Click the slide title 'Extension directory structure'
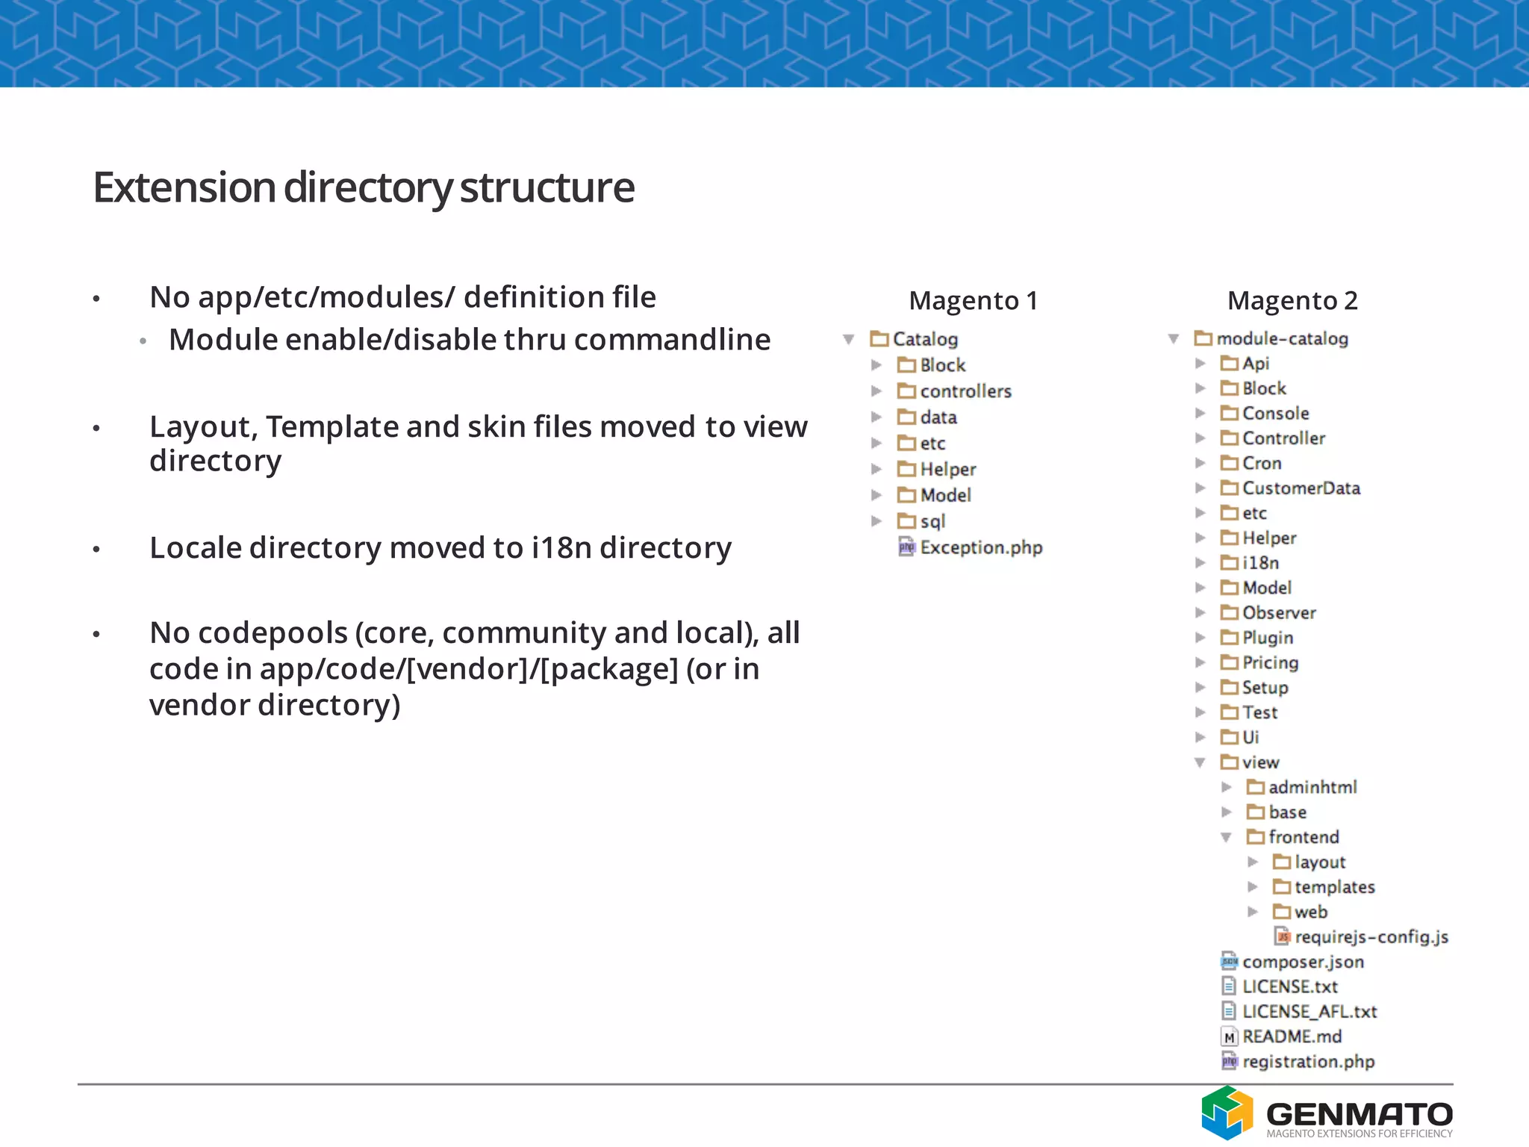(364, 187)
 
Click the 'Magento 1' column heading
(973, 301)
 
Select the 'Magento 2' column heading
(1292, 301)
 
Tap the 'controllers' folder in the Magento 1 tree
(965, 391)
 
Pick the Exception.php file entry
(980, 548)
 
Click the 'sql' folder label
(932, 521)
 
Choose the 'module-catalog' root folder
(1282, 339)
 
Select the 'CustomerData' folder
(1301, 488)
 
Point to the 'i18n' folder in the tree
(1260, 563)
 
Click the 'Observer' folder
(1278, 613)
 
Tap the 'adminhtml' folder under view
(1312, 787)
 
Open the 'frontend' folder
(1303, 837)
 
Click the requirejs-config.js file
(1371, 937)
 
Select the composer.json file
(1303, 962)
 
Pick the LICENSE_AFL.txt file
(1309, 1012)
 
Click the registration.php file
(1308, 1062)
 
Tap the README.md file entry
(1292, 1036)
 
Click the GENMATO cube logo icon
(1227, 1113)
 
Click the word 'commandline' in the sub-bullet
(672, 341)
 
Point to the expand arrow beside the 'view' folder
(1200, 762)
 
